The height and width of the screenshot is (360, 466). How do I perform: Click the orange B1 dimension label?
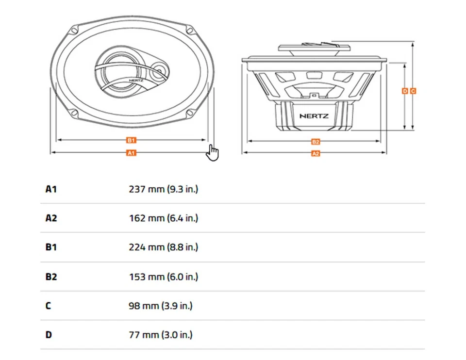pyautogui.click(x=131, y=140)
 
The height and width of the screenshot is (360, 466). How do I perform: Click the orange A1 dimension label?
pyautogui.click(x=131, y=153)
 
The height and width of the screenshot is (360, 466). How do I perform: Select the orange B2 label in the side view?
pyautogui.click(x=316, y=142)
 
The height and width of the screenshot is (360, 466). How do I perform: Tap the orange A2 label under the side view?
pyautogui.click(x=316, y=153)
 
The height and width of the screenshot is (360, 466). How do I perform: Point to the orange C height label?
pyautogui.click(x=413, y=91)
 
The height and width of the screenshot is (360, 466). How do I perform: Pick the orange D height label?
pyautogui.click(x=405, y=91)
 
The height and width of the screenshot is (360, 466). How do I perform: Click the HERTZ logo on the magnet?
pyautogui.click(x=314, y=116)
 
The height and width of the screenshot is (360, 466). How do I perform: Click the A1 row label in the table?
pyautogui.click(x=51, y=189)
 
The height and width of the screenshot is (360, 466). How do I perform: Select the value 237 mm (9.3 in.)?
pyautogui.click(x=163, y=189)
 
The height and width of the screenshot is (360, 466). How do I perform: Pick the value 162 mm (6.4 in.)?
pyautogui.click(x=163, y=218)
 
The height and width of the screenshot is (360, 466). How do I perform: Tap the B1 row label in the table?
pyautogui.click(x=51, y=247)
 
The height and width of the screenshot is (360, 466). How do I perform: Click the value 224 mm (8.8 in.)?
pyautogui.click(x=163, y=247)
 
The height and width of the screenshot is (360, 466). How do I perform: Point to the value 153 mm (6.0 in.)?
pyautogui.click(x=163, y=277)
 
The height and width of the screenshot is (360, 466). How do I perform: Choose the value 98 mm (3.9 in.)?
pyautogui.click(x=160, y=306)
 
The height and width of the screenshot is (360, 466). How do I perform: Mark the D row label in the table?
pyautogui.click(x=49, y=335)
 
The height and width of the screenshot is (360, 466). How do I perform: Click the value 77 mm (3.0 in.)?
pyautogui.click(x=160, y=335)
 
